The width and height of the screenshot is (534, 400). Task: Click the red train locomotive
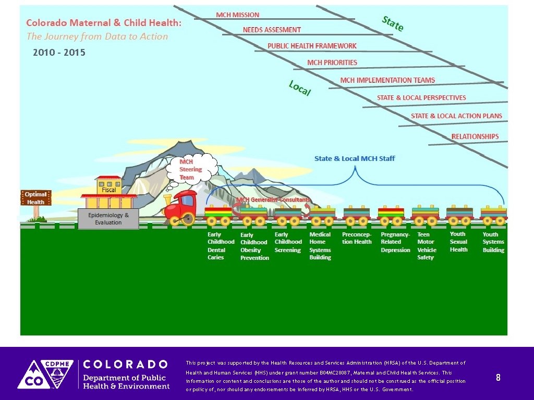point(180,206)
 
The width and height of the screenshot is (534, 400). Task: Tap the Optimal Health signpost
point(35,198)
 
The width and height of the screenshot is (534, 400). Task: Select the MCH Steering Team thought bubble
point(190,169)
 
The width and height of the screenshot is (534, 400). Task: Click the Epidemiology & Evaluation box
point(108,219)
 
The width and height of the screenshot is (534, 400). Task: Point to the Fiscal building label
point(109,190)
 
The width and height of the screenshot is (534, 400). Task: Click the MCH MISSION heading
point(238,15)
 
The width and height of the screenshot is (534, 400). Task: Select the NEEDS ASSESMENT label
point(272,30)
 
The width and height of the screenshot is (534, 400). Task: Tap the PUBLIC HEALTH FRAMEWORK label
point(312,46)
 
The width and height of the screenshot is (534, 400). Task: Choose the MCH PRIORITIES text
point(332,63)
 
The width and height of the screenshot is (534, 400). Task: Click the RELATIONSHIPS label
point(475,136)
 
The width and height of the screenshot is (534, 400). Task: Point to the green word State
point(393,23)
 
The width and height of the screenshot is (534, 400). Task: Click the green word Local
point(300,89)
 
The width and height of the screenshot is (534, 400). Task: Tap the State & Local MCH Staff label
point(355,158)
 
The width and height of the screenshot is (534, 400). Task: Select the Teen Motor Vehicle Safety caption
point(426,246)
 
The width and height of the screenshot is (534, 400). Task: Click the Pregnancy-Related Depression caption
point(395,242)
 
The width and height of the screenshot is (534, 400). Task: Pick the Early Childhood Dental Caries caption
point(221,246)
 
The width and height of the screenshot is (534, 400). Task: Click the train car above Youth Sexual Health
point(459,214)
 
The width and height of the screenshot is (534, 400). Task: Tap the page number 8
point(498,378)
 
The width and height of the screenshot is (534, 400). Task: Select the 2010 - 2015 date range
point(59,53)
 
